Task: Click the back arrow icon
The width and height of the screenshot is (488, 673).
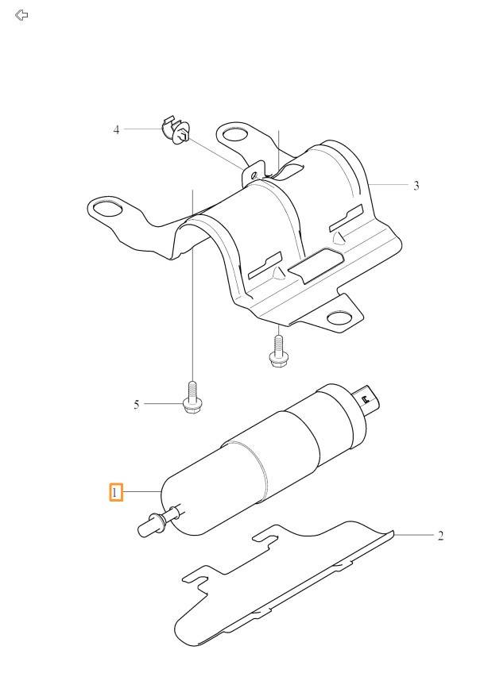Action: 21,15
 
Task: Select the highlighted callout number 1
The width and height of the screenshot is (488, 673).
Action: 115,492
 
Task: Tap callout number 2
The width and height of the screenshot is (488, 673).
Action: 440,536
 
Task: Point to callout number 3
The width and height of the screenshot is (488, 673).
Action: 416,186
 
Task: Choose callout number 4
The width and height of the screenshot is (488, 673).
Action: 116,129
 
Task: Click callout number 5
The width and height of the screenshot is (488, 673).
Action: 136,405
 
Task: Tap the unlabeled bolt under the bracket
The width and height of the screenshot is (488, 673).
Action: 278,351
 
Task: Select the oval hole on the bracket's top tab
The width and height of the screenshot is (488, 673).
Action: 236,135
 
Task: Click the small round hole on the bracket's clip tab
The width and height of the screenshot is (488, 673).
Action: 254,175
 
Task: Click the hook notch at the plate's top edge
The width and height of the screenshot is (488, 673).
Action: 267,537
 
